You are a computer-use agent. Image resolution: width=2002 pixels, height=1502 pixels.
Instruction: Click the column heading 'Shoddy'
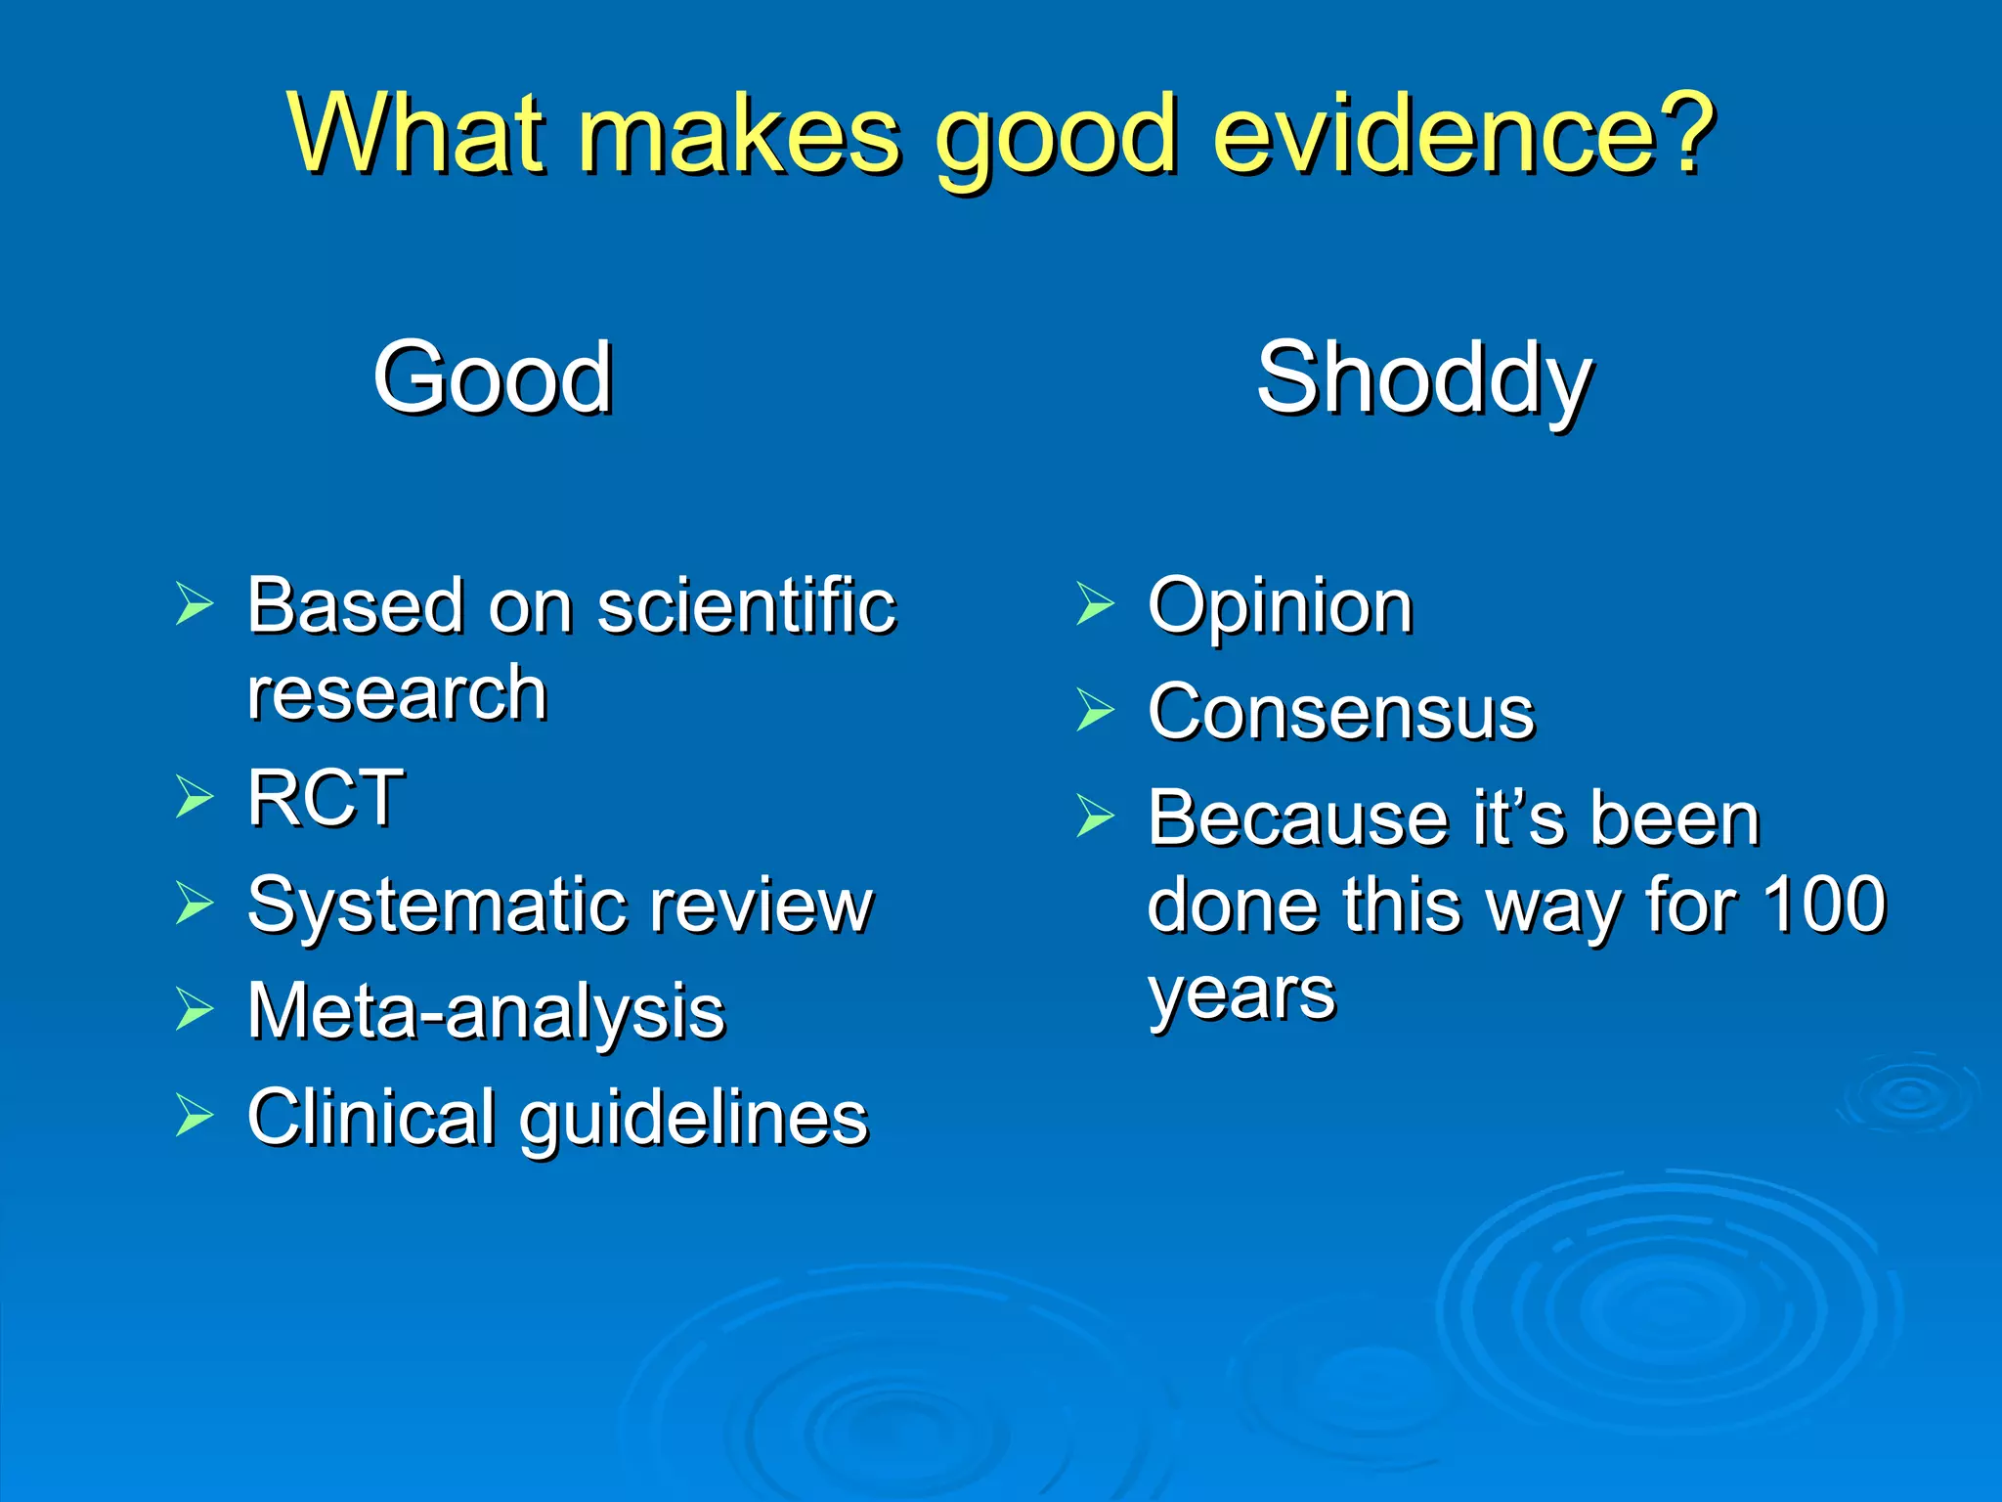pos(1424,381)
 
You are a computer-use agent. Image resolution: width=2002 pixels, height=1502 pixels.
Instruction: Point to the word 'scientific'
pos(746,606)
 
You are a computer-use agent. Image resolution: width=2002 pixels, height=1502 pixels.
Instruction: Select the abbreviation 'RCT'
pos(326,798)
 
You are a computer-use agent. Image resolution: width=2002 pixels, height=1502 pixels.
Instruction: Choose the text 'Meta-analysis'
pos(486,1011)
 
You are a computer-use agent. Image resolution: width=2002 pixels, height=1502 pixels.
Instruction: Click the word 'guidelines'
pos(694,1119)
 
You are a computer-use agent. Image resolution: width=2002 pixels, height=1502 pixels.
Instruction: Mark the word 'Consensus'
pos(1341,712)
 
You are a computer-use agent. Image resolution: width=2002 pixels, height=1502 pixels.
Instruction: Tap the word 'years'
pos(1241,995)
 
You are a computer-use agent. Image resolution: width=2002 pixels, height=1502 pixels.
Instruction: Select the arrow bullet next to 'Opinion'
pos(1095,603)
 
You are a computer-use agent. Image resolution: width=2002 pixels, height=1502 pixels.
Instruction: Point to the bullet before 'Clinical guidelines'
pos(195,1116)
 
